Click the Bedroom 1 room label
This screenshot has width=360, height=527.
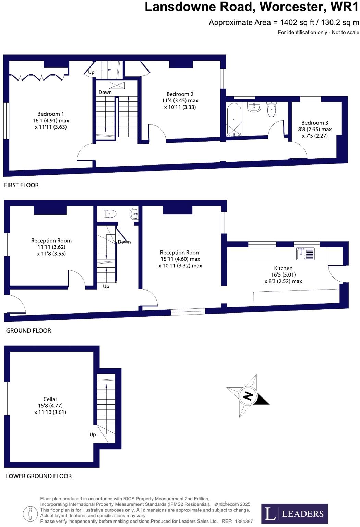[51, 114]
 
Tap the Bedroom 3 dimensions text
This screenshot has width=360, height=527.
[314, 133]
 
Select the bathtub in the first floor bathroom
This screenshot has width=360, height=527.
[235, 120]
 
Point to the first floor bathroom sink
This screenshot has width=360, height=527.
[254, 107]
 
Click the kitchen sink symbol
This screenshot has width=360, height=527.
[305, 254]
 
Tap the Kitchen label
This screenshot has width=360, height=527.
[283, 268]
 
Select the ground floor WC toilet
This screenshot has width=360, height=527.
[110, 214]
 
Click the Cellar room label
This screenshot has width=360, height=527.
[50, 399]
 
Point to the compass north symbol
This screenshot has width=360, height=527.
[248, 396]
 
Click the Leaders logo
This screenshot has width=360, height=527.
[295, 513]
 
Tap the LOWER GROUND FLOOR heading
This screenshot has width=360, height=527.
[39, 476]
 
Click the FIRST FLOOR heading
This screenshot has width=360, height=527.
[21, 185]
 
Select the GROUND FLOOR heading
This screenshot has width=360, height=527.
[28, 331]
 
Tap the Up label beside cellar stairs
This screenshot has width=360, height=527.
[93, 434]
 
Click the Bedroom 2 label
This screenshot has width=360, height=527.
[180, 94]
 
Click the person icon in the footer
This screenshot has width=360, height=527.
[31, 514]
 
